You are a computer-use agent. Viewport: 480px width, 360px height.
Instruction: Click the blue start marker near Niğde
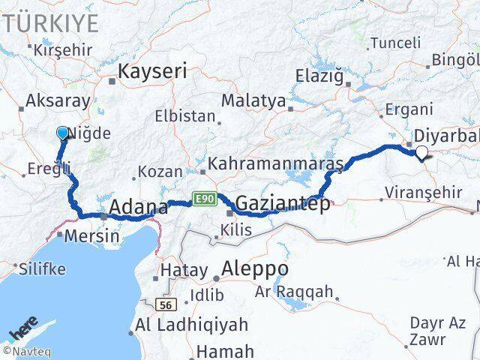(x=62, y=133)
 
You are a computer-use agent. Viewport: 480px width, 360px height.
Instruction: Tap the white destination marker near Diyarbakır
(x=422, y=153)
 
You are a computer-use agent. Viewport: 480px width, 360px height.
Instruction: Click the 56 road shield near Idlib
(x=166, y=305)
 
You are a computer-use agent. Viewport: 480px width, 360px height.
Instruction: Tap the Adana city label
(x=139, y=207)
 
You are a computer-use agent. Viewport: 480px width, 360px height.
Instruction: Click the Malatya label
(x=253, y=100)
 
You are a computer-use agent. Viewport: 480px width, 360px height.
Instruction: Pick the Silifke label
(x=43, y=268)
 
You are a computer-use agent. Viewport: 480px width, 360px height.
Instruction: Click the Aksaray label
(x=58, y=101)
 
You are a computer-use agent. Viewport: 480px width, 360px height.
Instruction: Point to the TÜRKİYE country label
(x=51, y=23)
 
